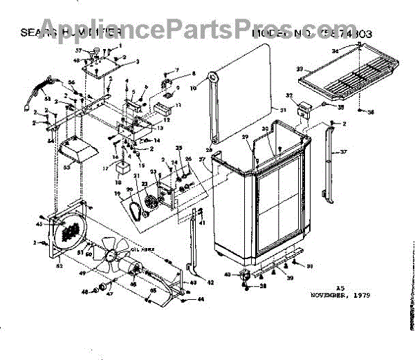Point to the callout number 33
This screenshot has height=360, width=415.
pos(301,68)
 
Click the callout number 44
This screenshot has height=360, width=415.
pos(201,299)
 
